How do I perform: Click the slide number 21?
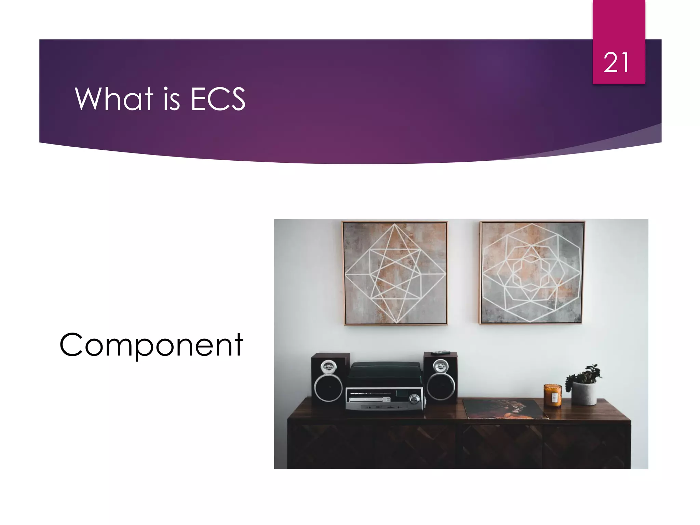(x=616, y=63)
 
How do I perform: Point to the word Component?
(x=151, y=345)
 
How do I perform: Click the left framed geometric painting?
(x=395, y=273)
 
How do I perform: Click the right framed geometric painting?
(x=531, y=272)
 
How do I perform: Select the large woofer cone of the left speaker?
(x=328, y=388)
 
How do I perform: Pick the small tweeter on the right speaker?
(x=440, y=366)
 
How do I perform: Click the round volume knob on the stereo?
(x=414, y=399)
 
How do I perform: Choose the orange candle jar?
(x=552, y=395)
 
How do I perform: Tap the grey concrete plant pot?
(x=584, y=393)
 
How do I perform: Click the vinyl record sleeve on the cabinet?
(x=504, y=409)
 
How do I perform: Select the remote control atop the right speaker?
(x=440, y=352)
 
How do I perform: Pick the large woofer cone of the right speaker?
(x=441, y=387)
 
